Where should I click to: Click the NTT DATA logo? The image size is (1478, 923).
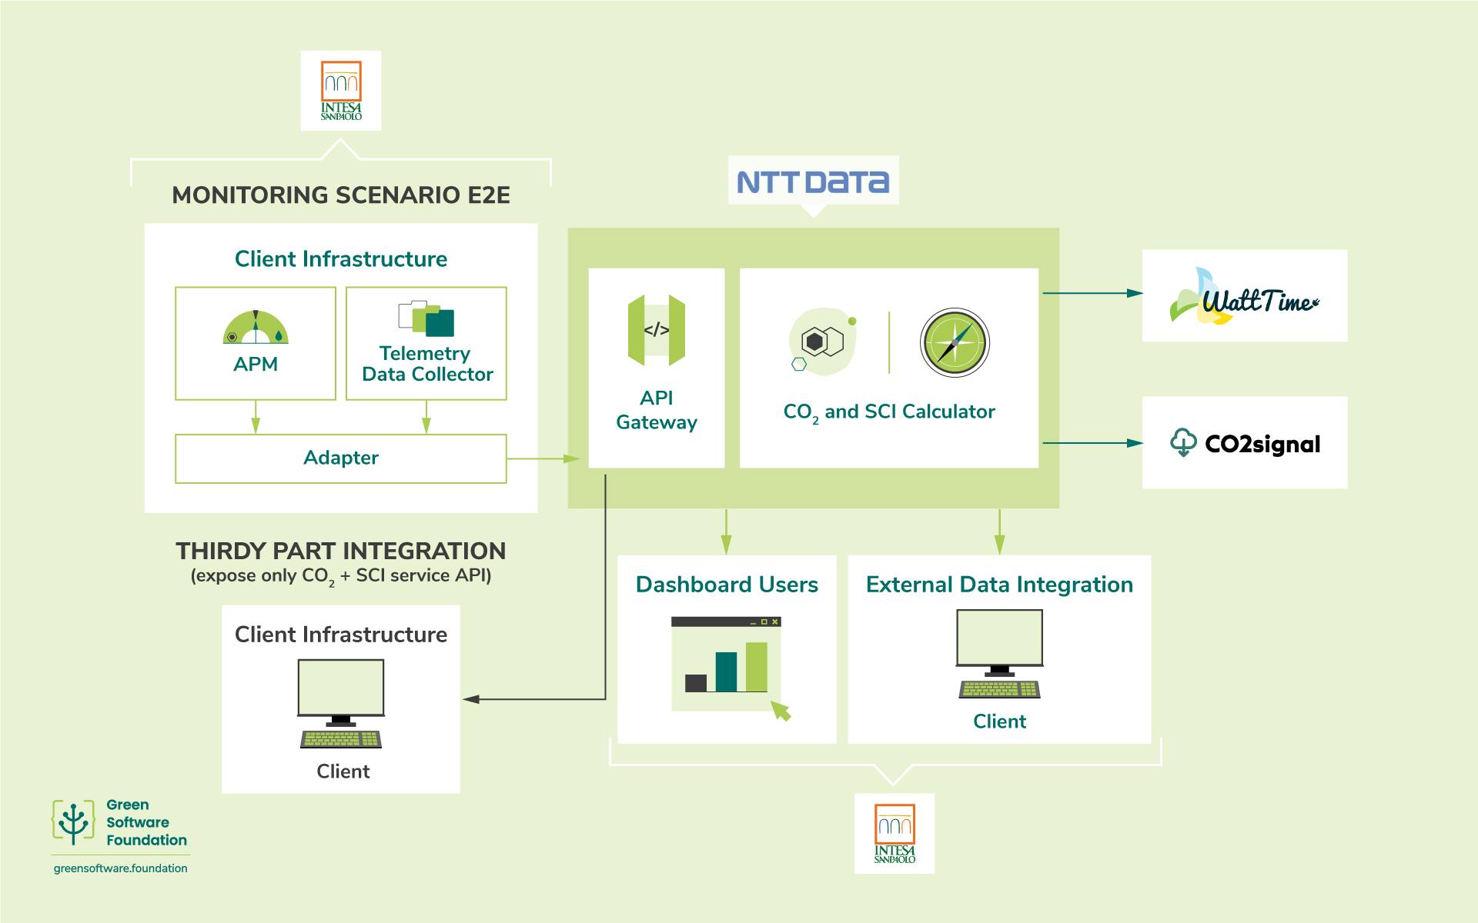(x=813, y=182)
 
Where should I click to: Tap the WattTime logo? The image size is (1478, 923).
(x=1244, y=297)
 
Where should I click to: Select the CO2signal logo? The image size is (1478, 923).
(x=1245, y=443)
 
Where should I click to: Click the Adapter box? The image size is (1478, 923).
(x=341, y=458)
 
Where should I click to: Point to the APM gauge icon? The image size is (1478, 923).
(x=256, y=327)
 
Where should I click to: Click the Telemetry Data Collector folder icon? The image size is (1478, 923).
(x=426, y=318)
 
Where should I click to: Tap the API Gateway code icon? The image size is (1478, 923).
(x=657, y=331)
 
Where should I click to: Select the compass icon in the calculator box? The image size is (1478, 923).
(x=955, y=343)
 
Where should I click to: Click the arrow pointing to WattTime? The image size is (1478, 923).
(x=1092, y=293)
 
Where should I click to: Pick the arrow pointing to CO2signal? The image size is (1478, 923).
(x=1092, y=443)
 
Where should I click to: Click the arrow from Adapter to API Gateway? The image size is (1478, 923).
(x=543, y=459)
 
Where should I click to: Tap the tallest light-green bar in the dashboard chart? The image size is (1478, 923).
(x=757, y=667)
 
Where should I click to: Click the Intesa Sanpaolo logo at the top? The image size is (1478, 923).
(x=341, y=91)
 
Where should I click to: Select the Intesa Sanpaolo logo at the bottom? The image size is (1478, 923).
(x=894, y=834)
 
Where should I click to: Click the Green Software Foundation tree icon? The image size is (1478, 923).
(x=74, y=822)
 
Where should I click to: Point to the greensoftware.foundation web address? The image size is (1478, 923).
(x=121, y=868)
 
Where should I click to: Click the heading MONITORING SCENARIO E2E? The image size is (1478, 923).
(x=341, y=195)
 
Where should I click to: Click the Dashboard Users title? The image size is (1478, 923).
(x=727, y=585)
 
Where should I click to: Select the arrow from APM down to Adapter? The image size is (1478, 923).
(x=256, y=417)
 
